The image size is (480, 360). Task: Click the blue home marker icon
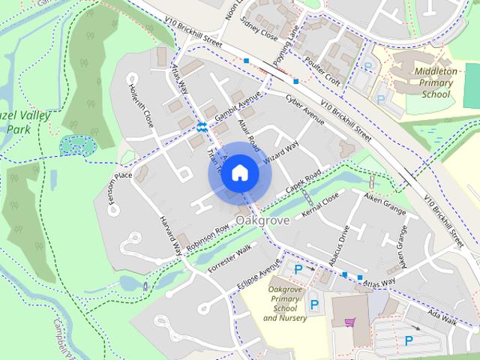pyautogui.click(x=239, y=173)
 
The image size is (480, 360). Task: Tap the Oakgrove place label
pyautogui.click(x=261, y=220)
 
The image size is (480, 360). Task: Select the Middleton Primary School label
pyautogui.click(x=436, y=82)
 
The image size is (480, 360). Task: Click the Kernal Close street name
pyautogui.click(x=319, y=205)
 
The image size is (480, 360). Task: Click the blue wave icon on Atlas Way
pyautogui.click(x=201, y=127)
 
